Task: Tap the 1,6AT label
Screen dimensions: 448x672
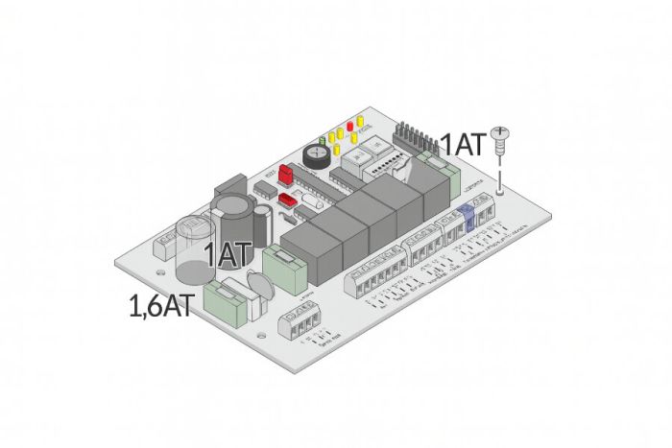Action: [x=162, y=307]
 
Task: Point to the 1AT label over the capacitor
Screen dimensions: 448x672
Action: [x=228, y=255]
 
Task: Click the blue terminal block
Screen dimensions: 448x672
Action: [x=468, y=220]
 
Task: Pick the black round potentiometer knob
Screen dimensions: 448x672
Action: [x=314, y=152]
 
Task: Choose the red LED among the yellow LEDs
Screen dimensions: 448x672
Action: [x=351, y=124]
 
